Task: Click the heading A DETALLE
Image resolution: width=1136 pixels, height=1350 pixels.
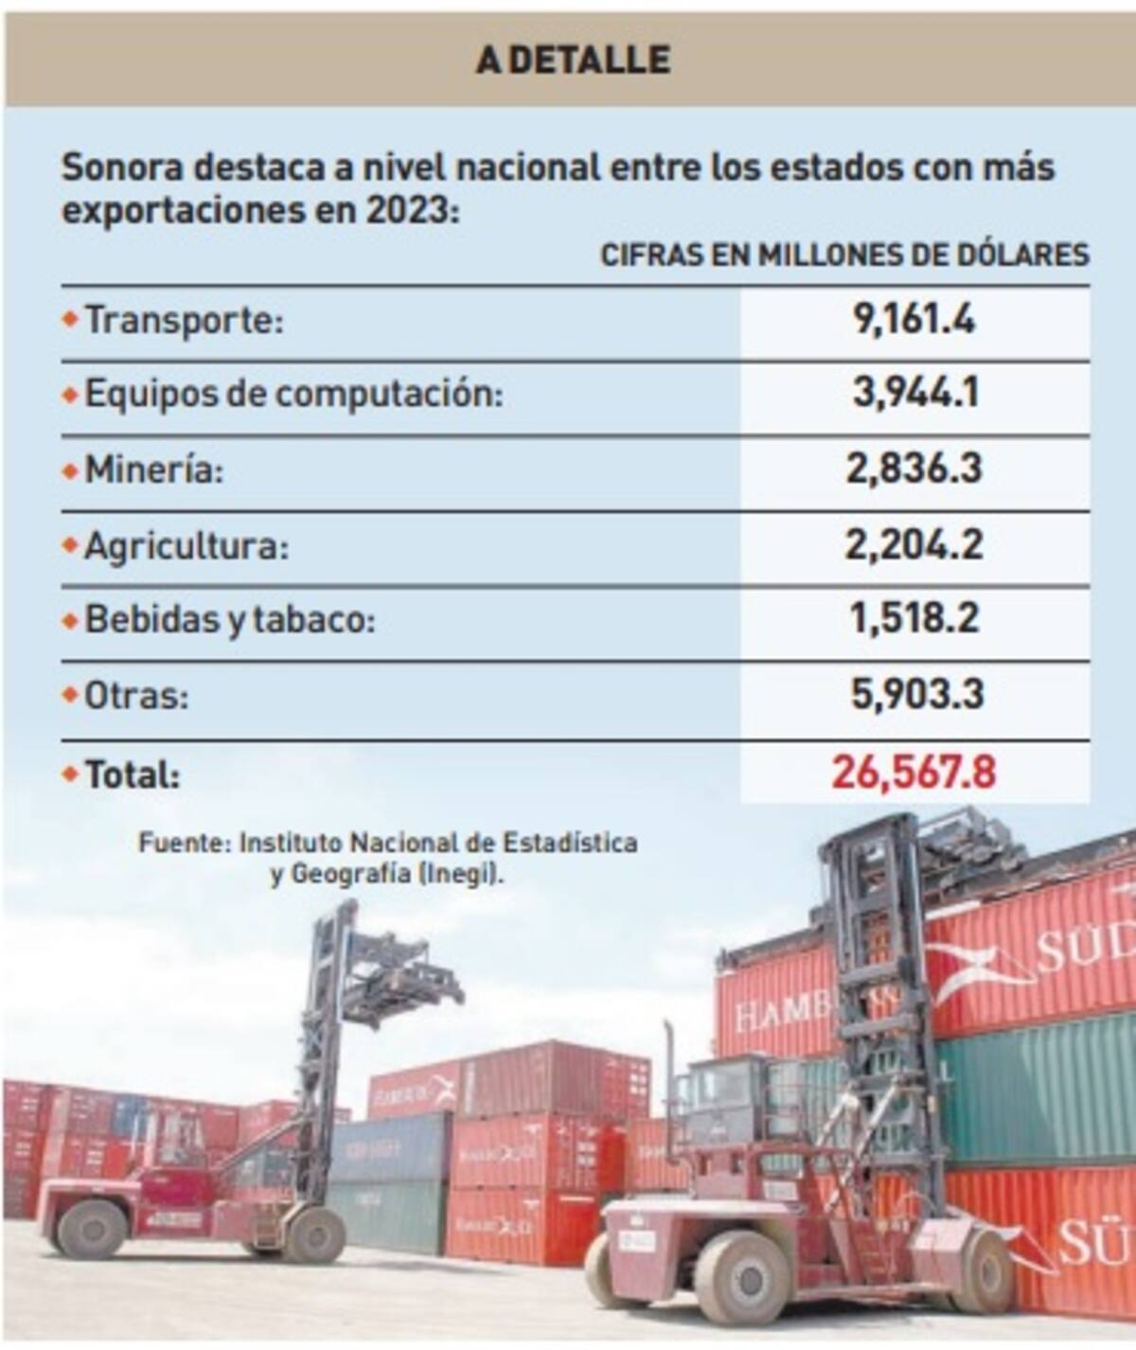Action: tap(574, 60)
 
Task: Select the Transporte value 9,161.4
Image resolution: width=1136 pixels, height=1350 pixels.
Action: tap(914, 320)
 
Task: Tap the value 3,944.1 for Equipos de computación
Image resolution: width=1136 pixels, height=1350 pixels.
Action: tap(914, 393)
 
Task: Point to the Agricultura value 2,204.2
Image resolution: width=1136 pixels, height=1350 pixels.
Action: tap(914, 544)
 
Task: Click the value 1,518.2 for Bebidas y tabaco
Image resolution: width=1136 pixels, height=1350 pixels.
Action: tap(914, 619)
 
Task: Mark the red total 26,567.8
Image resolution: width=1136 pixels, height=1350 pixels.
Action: tap(914, 773)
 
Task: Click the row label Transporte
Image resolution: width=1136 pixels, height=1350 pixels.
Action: tap(184, 320)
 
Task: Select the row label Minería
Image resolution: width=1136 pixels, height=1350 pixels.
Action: tap(154, 470)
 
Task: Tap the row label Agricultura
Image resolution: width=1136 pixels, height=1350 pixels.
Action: tap(186, 545)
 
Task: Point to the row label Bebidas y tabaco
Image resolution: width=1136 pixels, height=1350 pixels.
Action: tap(230, 620)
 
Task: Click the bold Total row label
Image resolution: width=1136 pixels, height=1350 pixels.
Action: tap(133, 774)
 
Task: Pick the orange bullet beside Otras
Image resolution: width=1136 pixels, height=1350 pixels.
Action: tap(69, 695)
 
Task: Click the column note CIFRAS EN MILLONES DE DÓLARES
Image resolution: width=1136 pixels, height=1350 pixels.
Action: tap(844, 255)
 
